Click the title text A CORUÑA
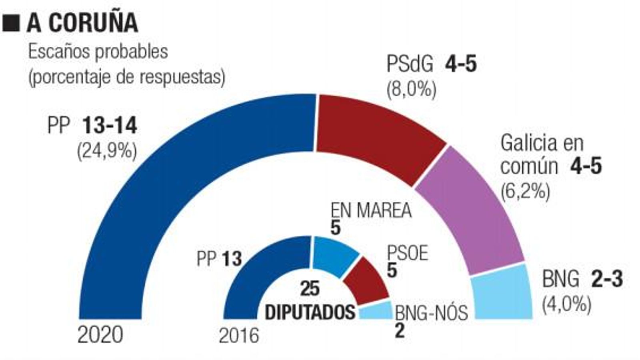point(82,23)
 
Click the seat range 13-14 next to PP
point(110,126)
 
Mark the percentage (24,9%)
point(107,151)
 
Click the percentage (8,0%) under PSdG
point(411,90)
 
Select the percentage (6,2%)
point(525,192)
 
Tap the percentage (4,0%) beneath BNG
point(566,305)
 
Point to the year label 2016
point(239,335)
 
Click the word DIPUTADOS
point(310,312)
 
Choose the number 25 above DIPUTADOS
point(310,289)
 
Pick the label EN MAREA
point(371,210)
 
